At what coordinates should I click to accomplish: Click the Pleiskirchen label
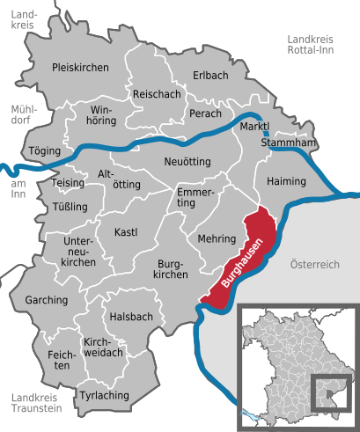point(80,67)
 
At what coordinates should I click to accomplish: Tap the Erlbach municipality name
point(212,77)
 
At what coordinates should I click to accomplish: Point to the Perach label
point(205,113)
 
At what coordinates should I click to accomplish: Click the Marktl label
point(254,128)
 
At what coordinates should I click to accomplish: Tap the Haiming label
point(286,181)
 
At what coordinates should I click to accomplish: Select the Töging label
point(45,150)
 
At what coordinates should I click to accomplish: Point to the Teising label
point(69,182)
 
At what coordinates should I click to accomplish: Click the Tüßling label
point(70,207)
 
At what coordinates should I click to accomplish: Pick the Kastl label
point(127,232)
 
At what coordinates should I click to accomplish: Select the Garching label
point(47,300)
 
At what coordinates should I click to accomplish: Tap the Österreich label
point(314,265)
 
